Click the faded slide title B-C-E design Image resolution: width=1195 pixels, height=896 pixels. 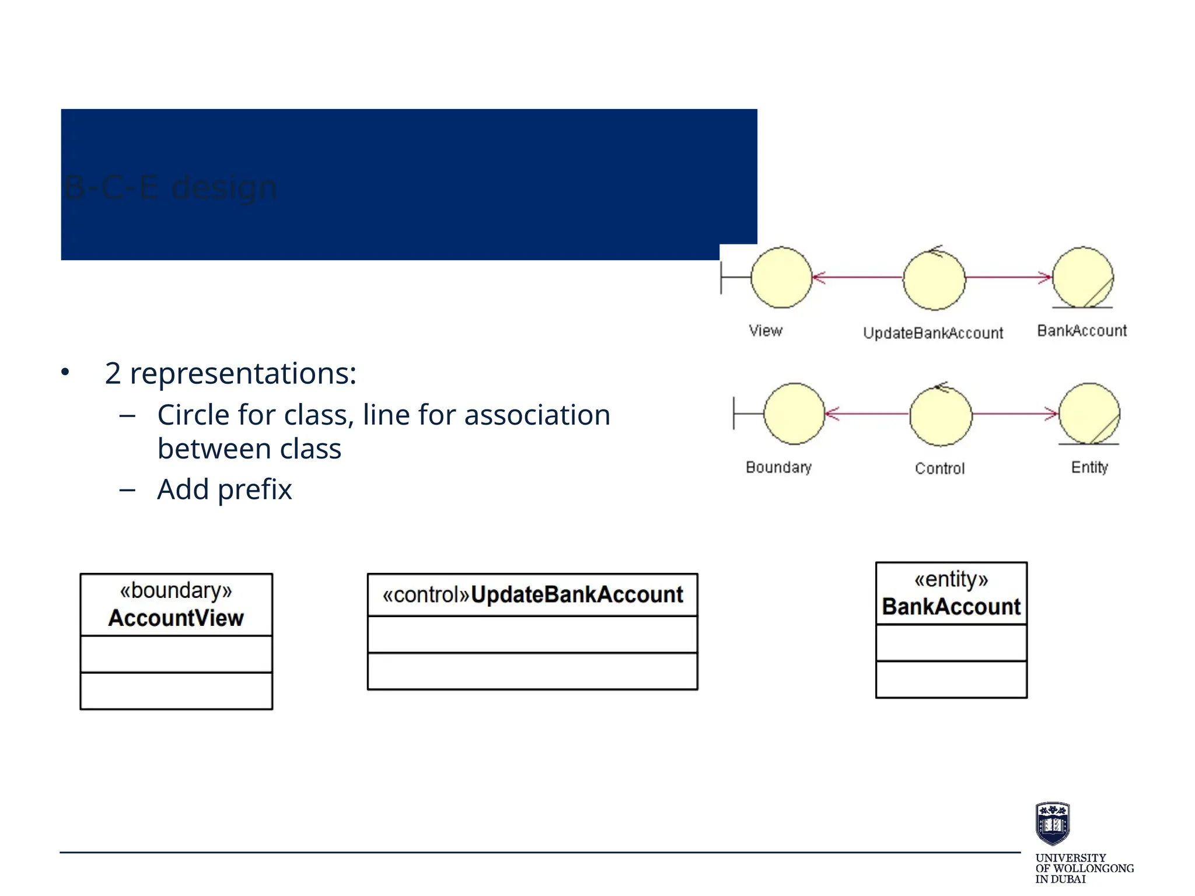pyautogui.click(x=170, y=188)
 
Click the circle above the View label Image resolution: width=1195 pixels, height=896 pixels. pyautogui.click(x=781, y=278)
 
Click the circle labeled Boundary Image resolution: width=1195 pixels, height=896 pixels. pyautogui.click(x=794, y=414)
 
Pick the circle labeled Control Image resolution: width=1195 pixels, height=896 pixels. pyautogui.click(x=941, y=415)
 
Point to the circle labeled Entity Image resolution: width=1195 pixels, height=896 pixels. pyautogui.click(x=1089, y=414)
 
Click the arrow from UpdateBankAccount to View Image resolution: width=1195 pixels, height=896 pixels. pyautogui.click(x=858, y=278)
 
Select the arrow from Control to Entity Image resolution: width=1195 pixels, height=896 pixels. pyautogui.click(x=1015, y=414)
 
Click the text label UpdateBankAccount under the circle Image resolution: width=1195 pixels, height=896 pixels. pyautogui.click(x=933, y=333)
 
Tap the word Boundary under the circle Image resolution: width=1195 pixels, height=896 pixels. pyautogui.click(x=778, y=467)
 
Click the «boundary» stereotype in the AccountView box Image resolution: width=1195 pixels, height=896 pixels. pyautogui.click(x=176, y=591)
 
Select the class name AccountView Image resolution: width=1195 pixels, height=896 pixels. pyautogui.click(x=176, y=618)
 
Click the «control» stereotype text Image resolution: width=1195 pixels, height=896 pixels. pyautogui.click(x=425, y=595)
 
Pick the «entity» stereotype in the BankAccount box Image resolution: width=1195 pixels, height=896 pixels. pyautogui.click(x=951, y=579)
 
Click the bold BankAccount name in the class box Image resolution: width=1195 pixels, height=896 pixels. pyautogui.click(x=951, y=607)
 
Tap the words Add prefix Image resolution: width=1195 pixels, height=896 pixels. pyautogui.click(x=224, y=489)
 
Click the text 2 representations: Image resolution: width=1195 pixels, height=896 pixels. pyautogui.click(x=230, y=373)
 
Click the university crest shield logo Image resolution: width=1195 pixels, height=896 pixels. pyautogui.click(x=1053, y=823)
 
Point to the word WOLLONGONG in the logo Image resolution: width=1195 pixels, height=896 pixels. pyautogui.click(x=1093, y=869)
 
